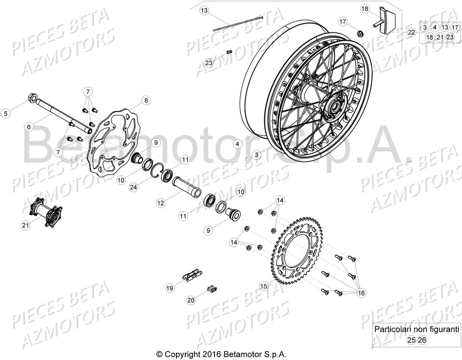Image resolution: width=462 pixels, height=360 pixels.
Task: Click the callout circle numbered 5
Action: [6, 113]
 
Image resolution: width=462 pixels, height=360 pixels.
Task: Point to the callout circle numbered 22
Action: [411, 32]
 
